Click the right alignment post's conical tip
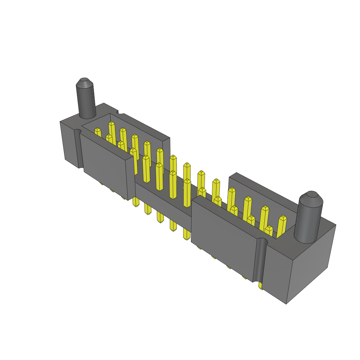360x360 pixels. (310, 199)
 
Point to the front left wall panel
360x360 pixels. (107, 165)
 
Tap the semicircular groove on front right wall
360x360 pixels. (259, 260)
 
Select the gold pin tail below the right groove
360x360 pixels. (261, 286)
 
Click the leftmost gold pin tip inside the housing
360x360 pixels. (98, 131)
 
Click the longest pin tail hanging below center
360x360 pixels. (186, 232)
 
